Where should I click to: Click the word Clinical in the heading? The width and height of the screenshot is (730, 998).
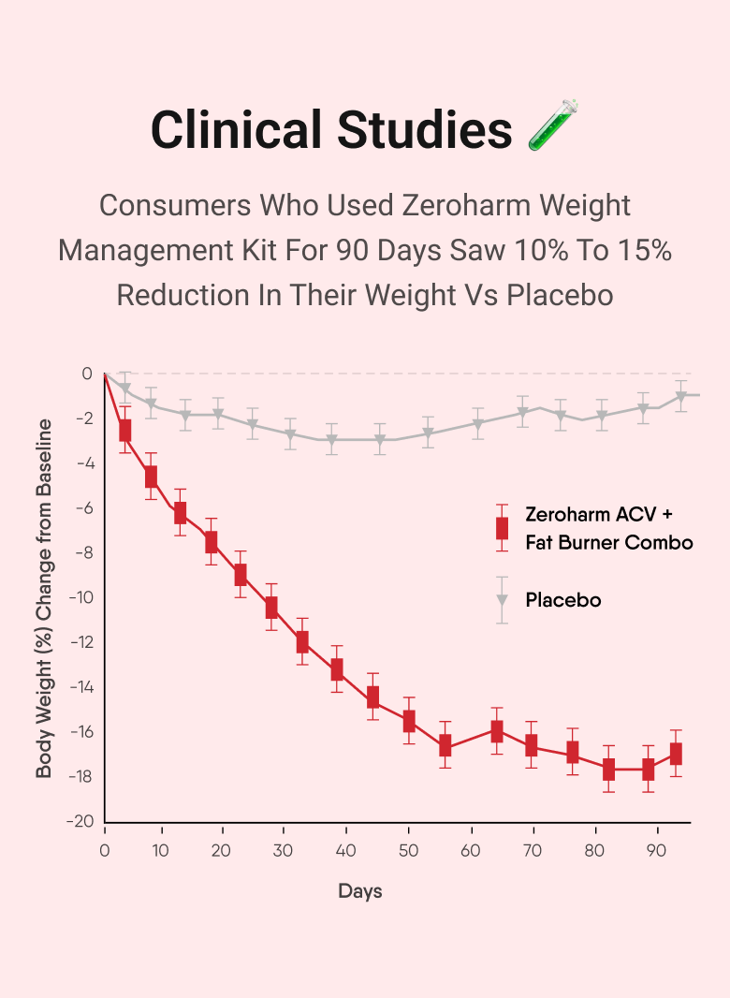tap(239, 129)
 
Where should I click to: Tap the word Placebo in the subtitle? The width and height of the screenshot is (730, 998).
tap(560, 295)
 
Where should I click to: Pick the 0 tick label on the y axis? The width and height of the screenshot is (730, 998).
tap(87, 374)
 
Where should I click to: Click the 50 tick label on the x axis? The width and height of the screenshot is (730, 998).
tap(409, 851)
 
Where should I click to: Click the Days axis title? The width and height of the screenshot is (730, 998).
tap(360, 891)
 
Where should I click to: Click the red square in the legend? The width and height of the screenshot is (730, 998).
tap(503, 528)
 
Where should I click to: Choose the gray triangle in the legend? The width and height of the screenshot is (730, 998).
tap(503, 600)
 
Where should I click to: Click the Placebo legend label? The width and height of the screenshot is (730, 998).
tap(563, 600)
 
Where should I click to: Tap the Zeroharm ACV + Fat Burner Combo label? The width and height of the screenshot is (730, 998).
tap(608, 528)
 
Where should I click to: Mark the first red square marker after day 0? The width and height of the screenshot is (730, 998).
tap(125, 431)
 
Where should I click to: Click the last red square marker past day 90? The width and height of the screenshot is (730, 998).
tap(676, 754)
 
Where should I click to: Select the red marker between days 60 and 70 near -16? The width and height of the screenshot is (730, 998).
tap(497, 731)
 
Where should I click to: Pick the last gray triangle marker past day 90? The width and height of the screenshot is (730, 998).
tap(681, 396)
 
